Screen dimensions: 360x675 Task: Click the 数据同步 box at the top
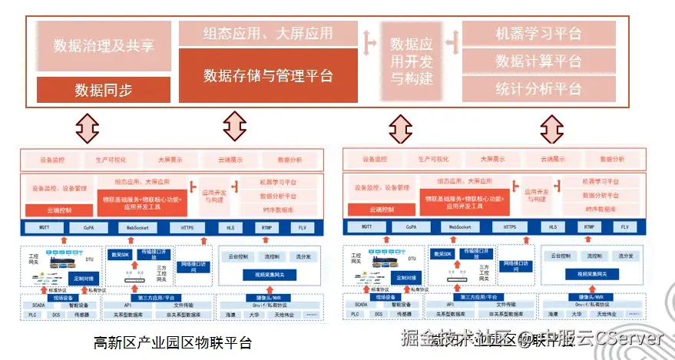pyautogui.click(x=104, y=90)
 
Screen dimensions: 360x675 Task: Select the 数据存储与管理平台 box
pyautogui.click(x=268, y=75)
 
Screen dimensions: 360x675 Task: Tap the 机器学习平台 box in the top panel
pyautogui.click(x=538, y=34)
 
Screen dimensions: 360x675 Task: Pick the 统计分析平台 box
pyautogui.click(x=538, y=88)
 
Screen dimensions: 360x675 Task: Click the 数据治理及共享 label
pyautogui.click(x=104, y=45)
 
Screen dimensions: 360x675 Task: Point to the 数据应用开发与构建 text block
pyautogui.click(x=411, y=61)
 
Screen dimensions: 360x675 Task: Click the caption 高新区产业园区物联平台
pyautogui.click(x=172, y=342)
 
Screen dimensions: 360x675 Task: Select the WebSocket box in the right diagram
pyautogui.click(x=460, y=227)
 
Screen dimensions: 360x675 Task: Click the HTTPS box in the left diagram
pyautogui.click(x=187, y=227)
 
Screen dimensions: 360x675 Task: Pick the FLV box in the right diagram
pyautogui.click(x=624, y=227)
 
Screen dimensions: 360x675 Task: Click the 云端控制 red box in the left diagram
pyautogui.click(x=58, y=210)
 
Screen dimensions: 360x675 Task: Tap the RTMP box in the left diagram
pyautogui.click(x=266, y=227)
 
